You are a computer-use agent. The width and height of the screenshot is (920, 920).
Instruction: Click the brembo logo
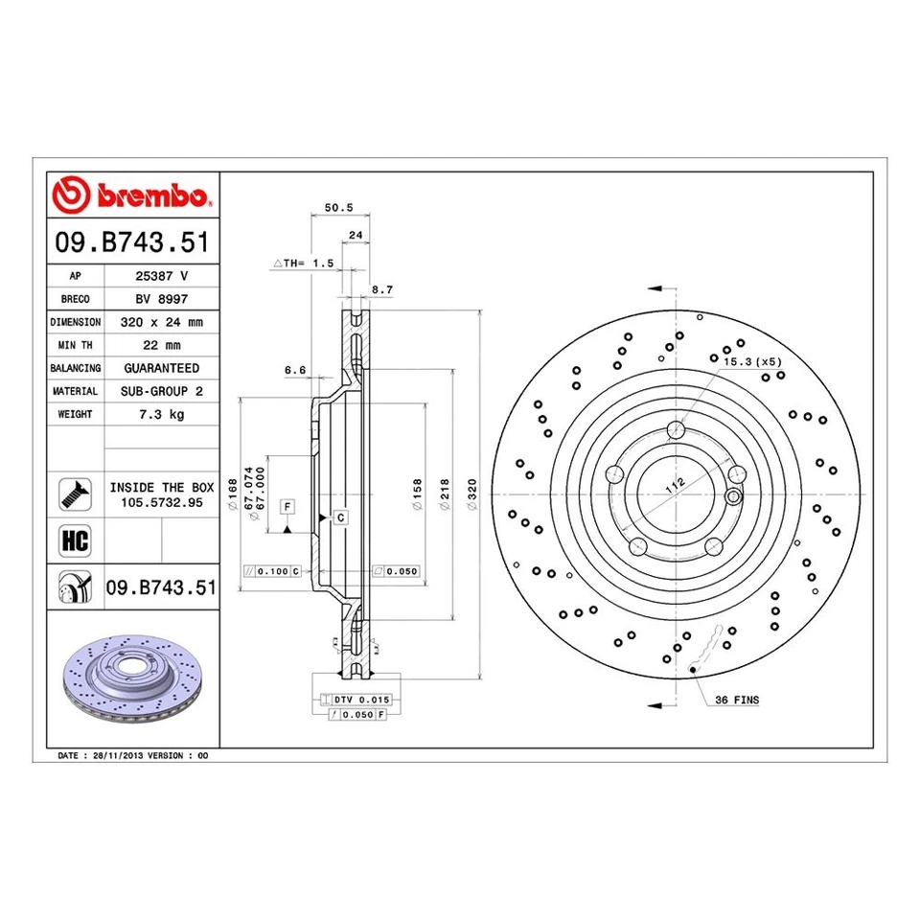pyautogui.click(x=133, y=195)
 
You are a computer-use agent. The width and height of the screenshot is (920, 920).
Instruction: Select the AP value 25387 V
pyautogui.click(x=161, y=275)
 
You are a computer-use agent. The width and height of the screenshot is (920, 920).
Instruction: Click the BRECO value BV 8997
pyautogui.click(x=161, y=299)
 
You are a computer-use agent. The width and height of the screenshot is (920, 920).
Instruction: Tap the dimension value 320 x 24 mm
pyautogui.click(x=161, y=322)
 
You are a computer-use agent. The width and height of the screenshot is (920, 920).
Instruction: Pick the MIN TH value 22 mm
pyautogui.click(x=161, y=345)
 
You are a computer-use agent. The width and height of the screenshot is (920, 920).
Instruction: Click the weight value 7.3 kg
pyautogui.click(x=161, y=414)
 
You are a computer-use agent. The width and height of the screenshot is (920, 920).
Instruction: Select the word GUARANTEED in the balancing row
pyautogui.click(x=161, y=368)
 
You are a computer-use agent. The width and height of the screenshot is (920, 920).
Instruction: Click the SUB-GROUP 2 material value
pyautogui.click(x=161, y=391)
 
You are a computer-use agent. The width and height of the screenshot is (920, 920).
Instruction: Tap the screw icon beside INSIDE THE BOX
pyautogui.click(x=75, y=493)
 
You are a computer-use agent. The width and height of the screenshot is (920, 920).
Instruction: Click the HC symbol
pyautogui.click(x=75, y=540)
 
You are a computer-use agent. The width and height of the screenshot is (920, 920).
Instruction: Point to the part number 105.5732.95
pyautogui.click(x=161, y=502)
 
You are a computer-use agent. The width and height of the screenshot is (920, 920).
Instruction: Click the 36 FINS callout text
pyautogui.click(x=737, y=701)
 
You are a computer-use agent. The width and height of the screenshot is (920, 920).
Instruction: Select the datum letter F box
pyautogui.click(x=287, y=504)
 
